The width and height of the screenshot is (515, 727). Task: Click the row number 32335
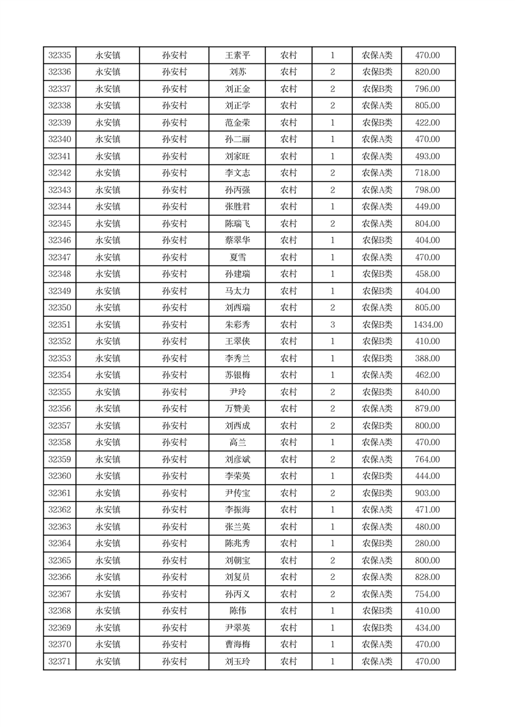tap(60, 56)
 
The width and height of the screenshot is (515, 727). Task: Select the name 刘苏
tap(237, 73)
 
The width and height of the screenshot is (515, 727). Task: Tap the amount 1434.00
tap(428, 325)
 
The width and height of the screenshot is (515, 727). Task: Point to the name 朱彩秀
tap(237, 325)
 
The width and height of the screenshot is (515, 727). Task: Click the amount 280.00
tap(428, 544)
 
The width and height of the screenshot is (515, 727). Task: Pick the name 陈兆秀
tap(237, 544)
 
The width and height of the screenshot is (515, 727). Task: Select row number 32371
tap(60, 662)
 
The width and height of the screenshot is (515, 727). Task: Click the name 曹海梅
tap(237, 645)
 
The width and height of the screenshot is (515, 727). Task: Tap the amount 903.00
tap(428, 493)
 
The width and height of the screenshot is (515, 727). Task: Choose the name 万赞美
tap(237, 409)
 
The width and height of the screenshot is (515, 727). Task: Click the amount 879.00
tap(428, 409)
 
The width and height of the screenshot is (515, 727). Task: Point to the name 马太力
tap(237, 291)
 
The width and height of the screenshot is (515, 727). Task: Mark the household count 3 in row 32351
tap(332, 325)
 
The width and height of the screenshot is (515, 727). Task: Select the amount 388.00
tap(428, 358)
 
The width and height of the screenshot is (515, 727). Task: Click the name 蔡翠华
tap(237, 240)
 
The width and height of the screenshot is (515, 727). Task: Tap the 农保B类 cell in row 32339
tap(377, 123)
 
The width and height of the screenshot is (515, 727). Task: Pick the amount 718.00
tap(428, 173)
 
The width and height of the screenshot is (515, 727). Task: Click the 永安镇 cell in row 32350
tap(108, 308)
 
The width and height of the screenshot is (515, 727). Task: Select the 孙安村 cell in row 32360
tap(174, 476)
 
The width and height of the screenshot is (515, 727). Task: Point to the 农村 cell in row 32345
tap(289, 224)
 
